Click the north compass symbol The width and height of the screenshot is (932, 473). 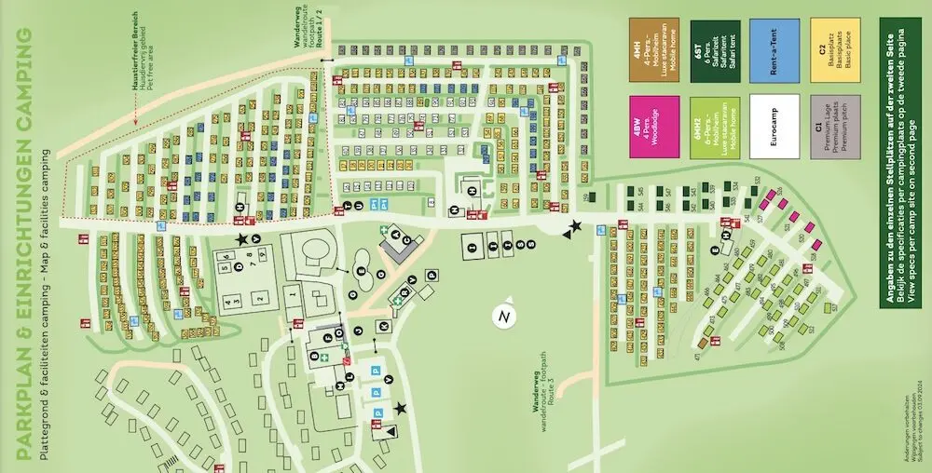(x=504, y=318)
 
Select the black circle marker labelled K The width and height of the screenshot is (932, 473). (x=383, y=325)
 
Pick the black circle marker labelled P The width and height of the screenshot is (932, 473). (x=432, y=274)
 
